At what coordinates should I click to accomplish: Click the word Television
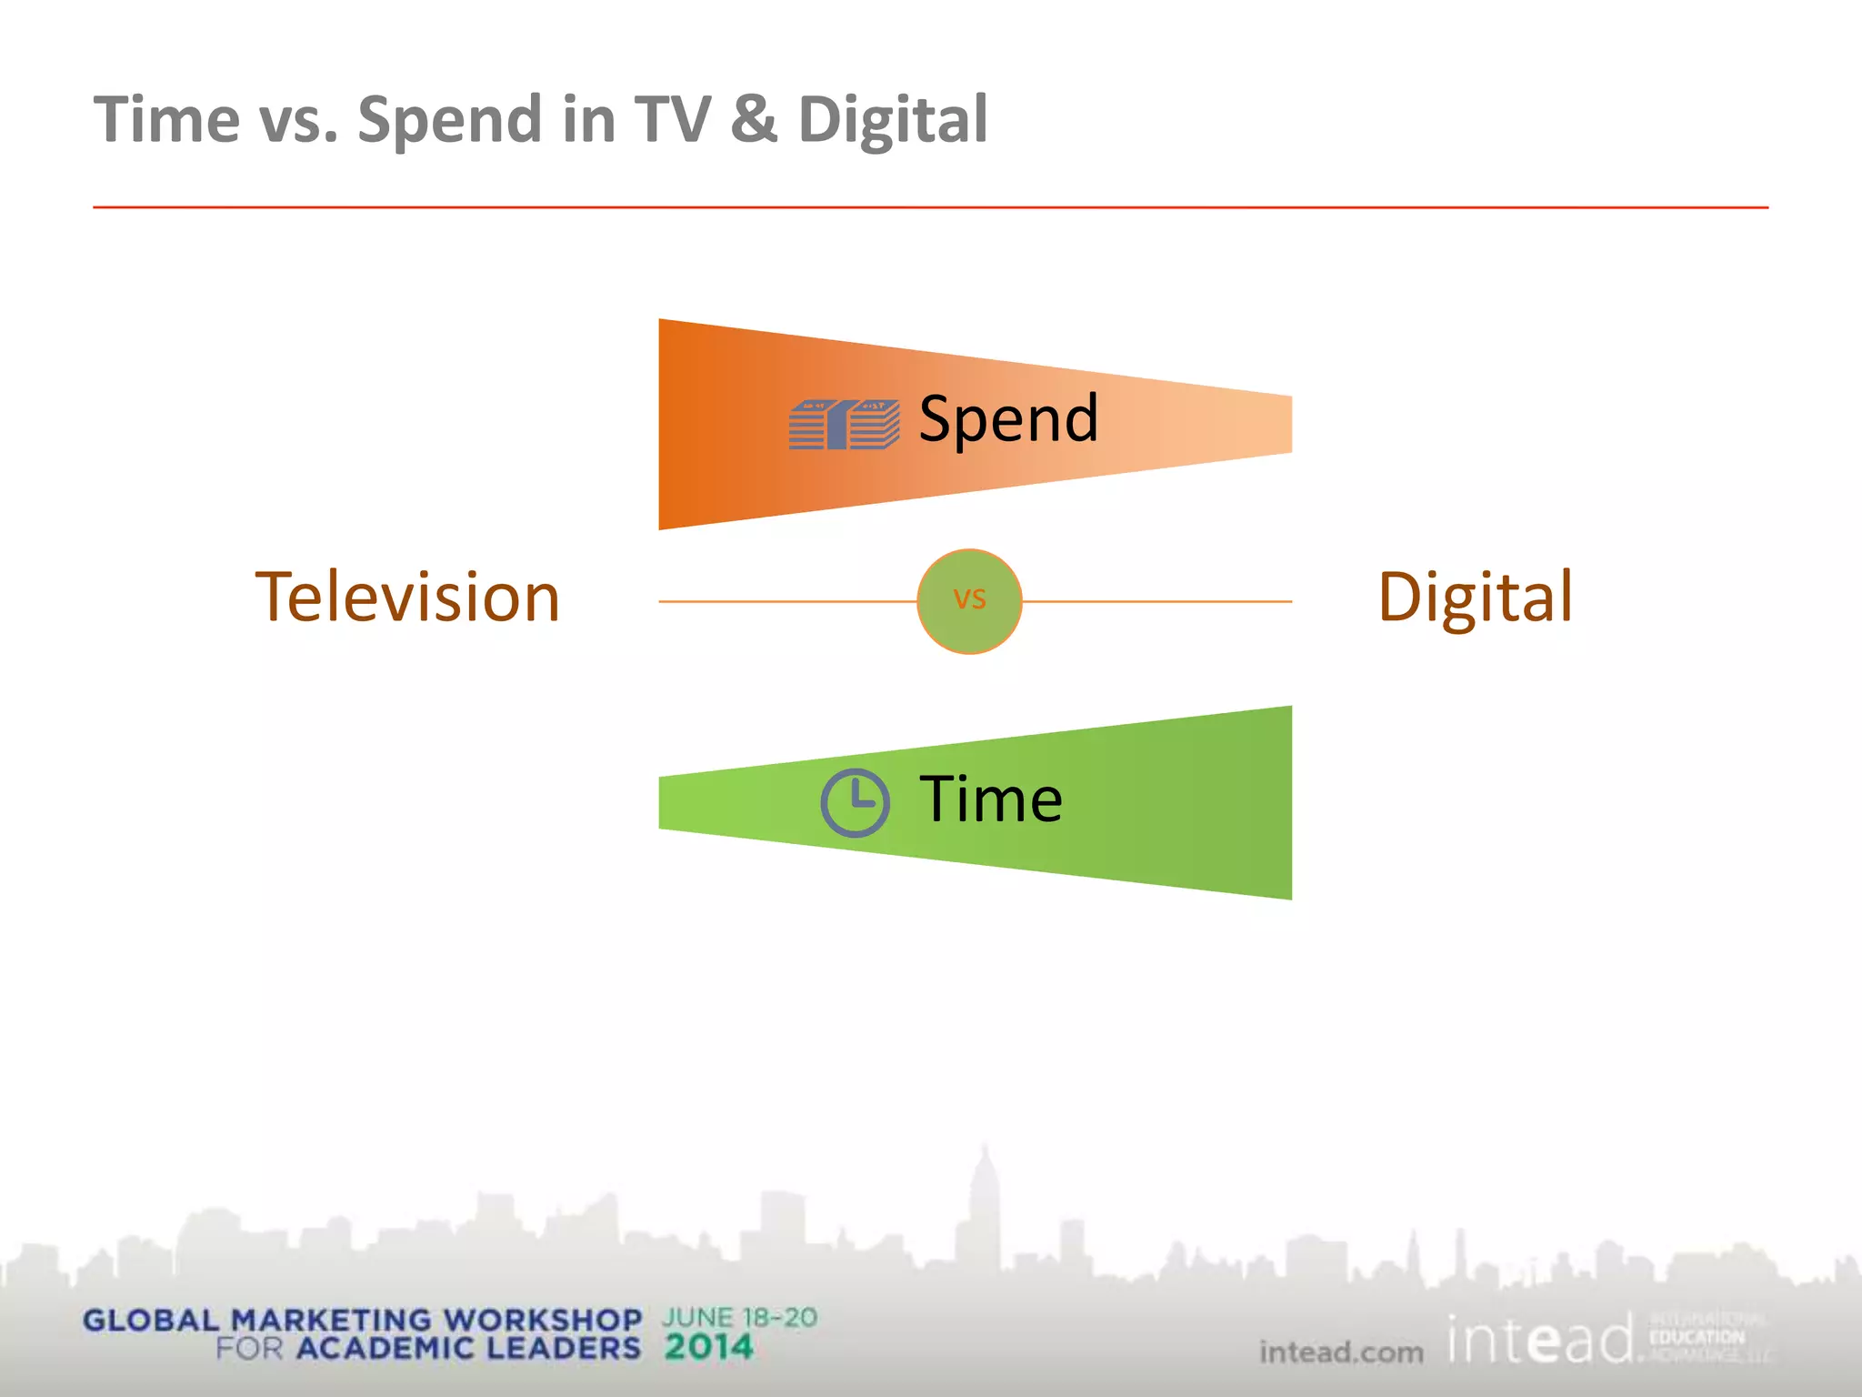click(x=407, y=598)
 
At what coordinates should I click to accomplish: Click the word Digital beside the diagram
click(x=1475, y=598)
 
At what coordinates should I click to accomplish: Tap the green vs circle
click(x=969, y=601)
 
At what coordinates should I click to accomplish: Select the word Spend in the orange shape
click(x=1008, y=419)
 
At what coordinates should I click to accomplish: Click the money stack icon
click(x=844, y=425)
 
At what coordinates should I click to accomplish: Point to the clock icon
click(x=855, y=802)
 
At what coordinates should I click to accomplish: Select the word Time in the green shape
click(x=991, y=799)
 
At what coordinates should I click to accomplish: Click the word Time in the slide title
click(x=166, y=119)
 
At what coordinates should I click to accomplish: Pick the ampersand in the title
click(x=754, y=119)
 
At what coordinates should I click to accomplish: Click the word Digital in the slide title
click(x=893, y=121)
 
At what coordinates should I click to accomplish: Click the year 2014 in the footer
click(x=708, y=1347)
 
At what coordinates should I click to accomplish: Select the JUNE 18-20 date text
click(x=739, y=1318)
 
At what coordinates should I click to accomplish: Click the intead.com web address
click(x=1341, y=1352)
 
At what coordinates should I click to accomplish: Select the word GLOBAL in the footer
click(x=151, y=1320)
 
